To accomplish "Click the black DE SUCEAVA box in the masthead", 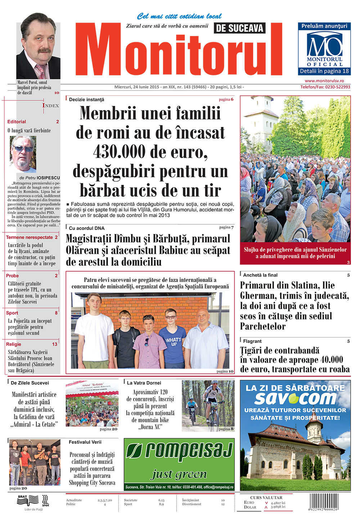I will pos(239,28).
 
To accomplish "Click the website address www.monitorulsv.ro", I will pos(324,81).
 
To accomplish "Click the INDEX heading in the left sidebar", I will pos(50,106).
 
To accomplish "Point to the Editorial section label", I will pos(17,122).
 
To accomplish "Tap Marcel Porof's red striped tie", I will pos(40,71).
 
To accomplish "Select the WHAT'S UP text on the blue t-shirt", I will pos(173,341).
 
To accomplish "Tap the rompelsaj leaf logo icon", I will pos(135,452).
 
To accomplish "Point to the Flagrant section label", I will pos(252,341).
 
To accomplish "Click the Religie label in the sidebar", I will pos(14,344).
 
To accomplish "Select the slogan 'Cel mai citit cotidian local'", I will pos(179,16).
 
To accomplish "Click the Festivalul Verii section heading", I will pos(85,442).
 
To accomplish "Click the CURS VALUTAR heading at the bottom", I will pos(266,497).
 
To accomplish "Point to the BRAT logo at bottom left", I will pos(22,497).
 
